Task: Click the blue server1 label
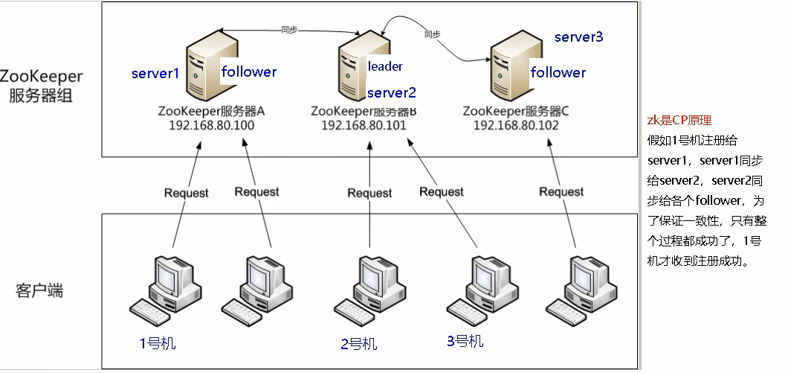click(x=155, y=74)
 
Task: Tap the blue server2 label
click(x=392, y=92)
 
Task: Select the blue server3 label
click(x=578, y=36)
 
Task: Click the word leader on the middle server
click(x=385, y=66)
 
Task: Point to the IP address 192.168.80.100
click(x=212, y=125)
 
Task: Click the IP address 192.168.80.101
click(x=364, y=125)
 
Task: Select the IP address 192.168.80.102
click(x=516, y=125)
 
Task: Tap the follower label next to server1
click(x=249, y=71)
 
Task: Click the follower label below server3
click(x=558, y=72)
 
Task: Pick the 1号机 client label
click(x=158, y=343)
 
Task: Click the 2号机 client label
click(x=359, y=344)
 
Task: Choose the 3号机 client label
click(x=465, y=341)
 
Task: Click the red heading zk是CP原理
click(x=679, y=121)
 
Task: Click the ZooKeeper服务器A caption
click(x=212, y=111)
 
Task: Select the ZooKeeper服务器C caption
click(x=516, y=111)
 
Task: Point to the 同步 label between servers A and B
click(x=289, y=30)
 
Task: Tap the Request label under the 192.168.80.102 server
click(x=561, y=191)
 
